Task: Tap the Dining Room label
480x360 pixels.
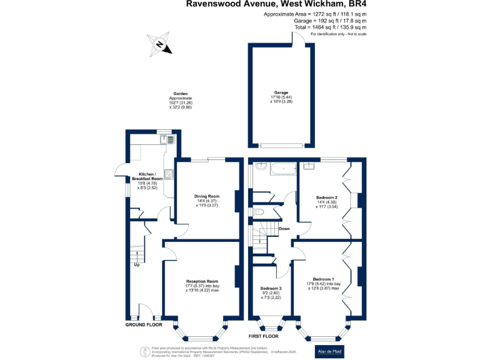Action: click(x=206, y=196)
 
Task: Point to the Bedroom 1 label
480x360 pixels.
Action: click(x=324, y=279)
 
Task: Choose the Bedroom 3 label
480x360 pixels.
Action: click(x=271, y=289)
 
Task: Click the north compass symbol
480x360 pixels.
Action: click(x=159, y=44)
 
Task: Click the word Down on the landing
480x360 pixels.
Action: click(x=284, y=229)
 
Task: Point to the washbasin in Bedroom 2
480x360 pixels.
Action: click(x=309, y=166)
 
